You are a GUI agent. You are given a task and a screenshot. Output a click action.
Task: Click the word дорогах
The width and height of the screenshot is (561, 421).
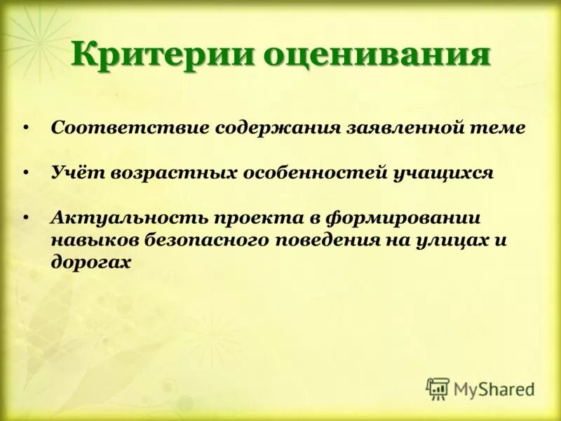[90, 262]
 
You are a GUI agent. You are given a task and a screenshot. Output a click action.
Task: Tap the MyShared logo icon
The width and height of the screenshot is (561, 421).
[438, 389]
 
